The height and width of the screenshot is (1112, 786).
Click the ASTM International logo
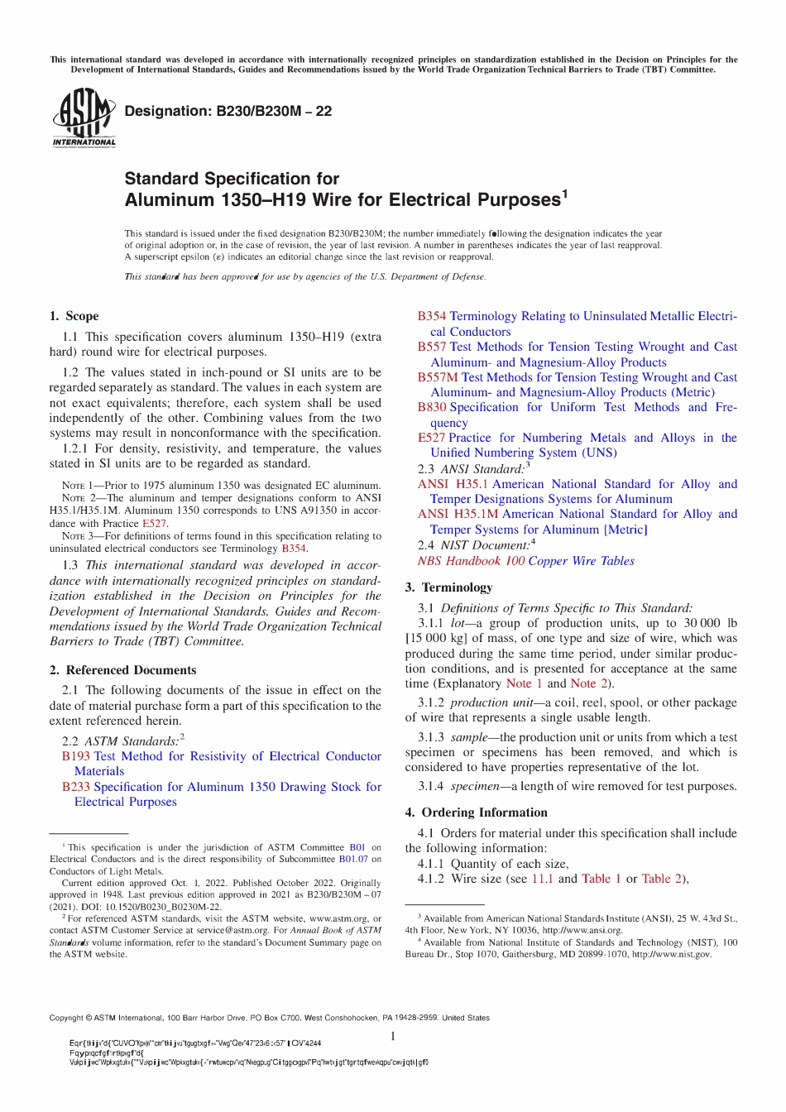point(84,117)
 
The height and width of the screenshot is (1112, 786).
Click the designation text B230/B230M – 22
point(228,112)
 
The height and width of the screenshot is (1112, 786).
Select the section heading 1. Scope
point(74,316)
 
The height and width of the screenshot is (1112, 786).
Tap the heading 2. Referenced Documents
point(122,670)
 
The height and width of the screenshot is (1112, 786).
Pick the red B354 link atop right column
point(431,316)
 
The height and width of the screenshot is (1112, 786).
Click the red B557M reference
point(438,377)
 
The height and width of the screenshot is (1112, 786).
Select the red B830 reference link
point(431,407)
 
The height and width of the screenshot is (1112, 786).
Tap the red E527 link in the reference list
point(431,438)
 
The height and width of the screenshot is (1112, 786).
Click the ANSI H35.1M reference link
point(458,514)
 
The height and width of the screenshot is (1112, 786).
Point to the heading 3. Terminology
point(448,587)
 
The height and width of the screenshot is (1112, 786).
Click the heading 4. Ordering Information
point(476,812)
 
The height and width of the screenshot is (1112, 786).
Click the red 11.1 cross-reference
point(542,879)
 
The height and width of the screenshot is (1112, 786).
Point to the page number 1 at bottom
point(393,1036)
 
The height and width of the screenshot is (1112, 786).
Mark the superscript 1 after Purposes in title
point(565,194)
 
